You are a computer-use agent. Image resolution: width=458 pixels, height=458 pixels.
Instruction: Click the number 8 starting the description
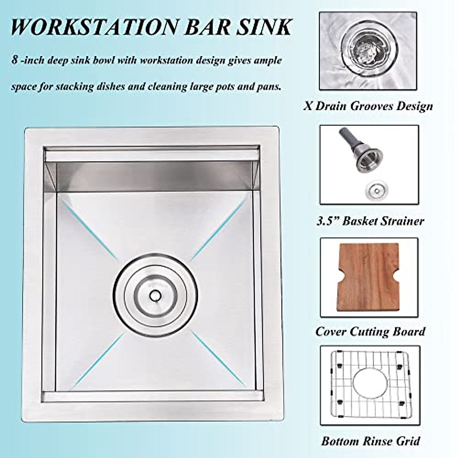click(x=15, y=60)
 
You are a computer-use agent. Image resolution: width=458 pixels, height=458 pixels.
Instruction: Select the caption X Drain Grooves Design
click(x=368, y=106)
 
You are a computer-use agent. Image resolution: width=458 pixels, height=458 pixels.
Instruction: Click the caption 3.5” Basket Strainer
click(x=370, y=221)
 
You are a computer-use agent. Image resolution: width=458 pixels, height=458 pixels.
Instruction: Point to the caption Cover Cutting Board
click(x=370, y=331)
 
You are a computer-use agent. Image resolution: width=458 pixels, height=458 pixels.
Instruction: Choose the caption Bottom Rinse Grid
click(x=370, y=441)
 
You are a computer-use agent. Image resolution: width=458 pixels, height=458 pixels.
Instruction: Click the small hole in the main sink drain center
click(x=155, y=295)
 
